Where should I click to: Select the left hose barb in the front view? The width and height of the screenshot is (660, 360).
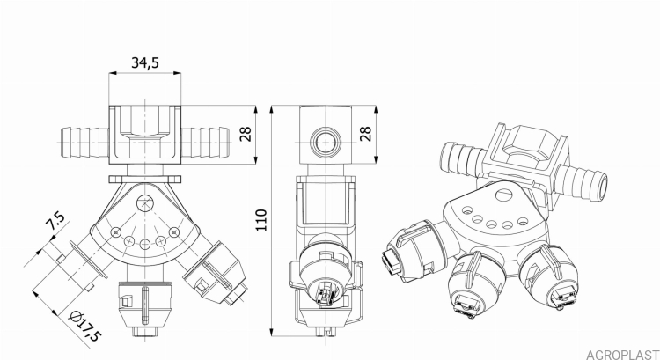click(x=83, y=139)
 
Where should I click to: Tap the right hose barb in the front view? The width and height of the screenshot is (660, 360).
click(x=206, y=138)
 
